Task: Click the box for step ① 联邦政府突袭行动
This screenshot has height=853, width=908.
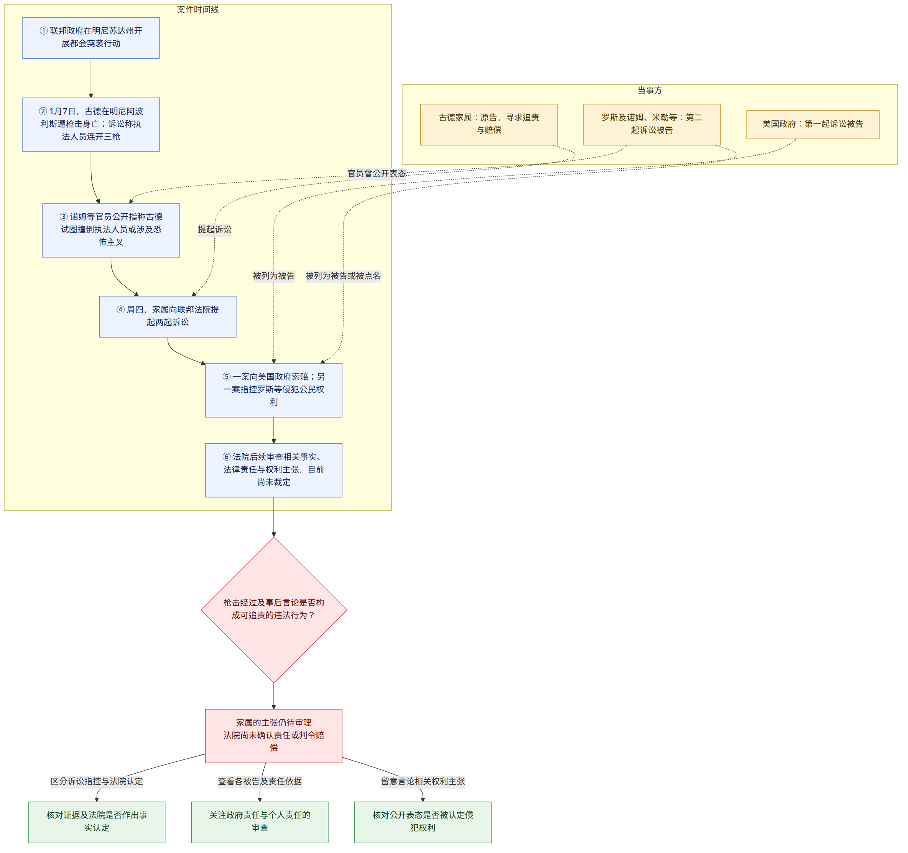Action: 91,38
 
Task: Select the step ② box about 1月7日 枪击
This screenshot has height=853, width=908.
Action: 91,124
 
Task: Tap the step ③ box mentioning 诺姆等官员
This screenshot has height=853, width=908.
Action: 111,230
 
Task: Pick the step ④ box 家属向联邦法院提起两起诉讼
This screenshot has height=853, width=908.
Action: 168,317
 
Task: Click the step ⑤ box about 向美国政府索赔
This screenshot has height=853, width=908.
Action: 273,390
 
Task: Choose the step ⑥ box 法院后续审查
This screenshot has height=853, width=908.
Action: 273,470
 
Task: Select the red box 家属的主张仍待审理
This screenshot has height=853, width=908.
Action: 273,736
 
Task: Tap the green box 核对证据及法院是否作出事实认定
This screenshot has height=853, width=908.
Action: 97,822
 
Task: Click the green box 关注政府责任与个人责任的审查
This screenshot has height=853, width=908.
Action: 260,822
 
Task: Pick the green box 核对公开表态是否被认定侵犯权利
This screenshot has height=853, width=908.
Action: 423,822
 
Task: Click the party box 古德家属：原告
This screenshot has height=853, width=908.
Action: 489,125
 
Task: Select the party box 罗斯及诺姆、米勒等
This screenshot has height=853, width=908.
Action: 652,125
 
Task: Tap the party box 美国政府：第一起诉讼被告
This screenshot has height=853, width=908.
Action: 813,124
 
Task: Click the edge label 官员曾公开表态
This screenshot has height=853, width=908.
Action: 377,174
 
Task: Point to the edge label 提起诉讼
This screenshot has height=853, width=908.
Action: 215,229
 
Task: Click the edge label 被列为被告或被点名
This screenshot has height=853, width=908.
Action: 343,276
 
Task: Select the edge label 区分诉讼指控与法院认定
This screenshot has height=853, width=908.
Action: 97,781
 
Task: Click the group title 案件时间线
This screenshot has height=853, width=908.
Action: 198,10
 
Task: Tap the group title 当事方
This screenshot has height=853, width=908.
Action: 650,90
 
